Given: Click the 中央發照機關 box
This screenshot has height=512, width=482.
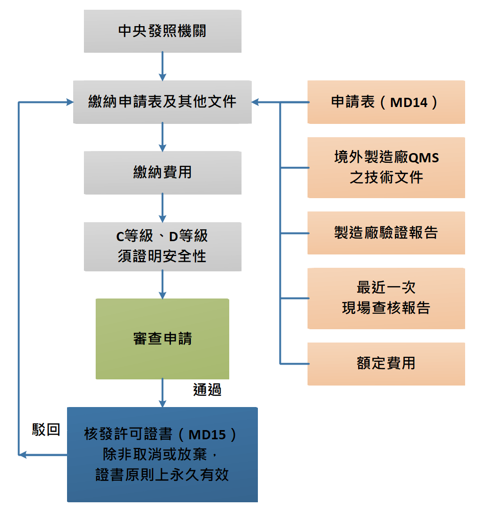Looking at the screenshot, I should click(x=162, y=31).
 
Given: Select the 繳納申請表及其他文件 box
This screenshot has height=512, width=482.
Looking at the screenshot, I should click(x=162, y=102).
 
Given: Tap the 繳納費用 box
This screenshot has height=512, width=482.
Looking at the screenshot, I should click(x=162, y=173).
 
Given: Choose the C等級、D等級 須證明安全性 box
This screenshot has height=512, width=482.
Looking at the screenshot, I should click(x=162, y=246).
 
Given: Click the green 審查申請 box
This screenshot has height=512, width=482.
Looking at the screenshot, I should click(x=162, y=338).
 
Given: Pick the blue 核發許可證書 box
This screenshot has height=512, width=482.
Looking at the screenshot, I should click(x=162, y=454).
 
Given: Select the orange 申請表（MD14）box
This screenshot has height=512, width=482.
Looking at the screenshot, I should click(x=386, y=102).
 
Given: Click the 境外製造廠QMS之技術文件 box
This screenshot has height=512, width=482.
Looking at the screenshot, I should click(x=386, y=167).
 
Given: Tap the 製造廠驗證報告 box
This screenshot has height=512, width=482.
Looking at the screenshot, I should click(x=386, y=233).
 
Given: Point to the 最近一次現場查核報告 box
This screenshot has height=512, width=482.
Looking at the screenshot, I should click(x=386, y=298).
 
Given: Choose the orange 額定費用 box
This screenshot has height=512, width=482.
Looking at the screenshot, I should click(x=386, y=364).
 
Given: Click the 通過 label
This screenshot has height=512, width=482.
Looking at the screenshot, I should click(x=207, y=390).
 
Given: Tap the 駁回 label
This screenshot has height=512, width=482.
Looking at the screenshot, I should click(x=46, y=430).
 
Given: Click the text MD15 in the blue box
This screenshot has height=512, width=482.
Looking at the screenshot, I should click(x=207, y=435).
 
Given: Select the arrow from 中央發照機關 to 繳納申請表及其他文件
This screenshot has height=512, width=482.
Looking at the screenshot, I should click(x=162, y=66).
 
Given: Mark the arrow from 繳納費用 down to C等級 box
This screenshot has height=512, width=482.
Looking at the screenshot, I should click(x=162, y=208).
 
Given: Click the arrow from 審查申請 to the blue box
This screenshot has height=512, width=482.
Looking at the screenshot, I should click(x=162, y=393).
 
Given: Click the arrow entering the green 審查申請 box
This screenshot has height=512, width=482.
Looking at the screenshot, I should click(x=162, y=285).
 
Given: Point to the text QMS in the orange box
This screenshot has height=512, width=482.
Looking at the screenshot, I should click(x=424, y=157).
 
